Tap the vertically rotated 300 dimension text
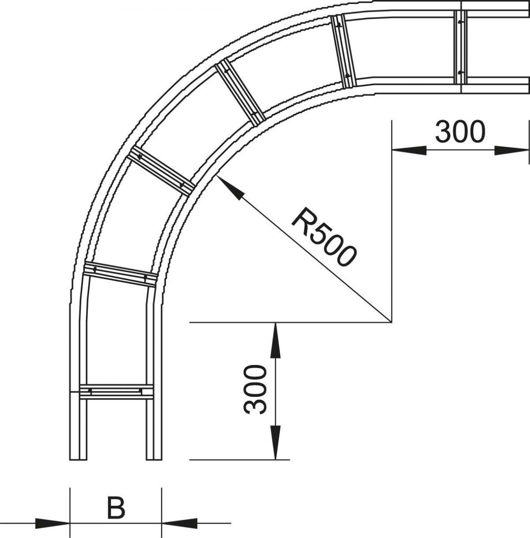[255, 389]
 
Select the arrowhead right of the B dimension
[179, 523]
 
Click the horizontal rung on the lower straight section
[116, 392]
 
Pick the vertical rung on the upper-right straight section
[460, 47]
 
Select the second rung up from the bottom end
[120, 273]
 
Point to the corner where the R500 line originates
[391, 322]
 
